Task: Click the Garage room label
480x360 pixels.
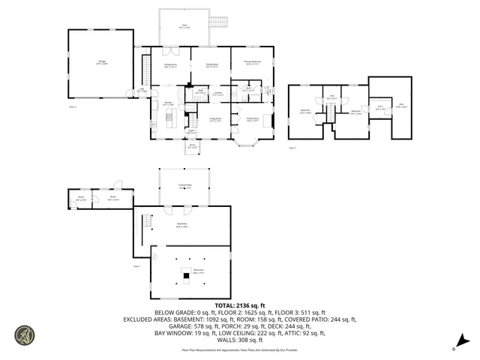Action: [101, 63]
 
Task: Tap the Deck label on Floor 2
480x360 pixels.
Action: [184, 25]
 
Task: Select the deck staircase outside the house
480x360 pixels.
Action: [217, 22]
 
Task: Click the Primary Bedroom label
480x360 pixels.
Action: [251, 62]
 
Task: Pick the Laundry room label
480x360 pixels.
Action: [217, 94]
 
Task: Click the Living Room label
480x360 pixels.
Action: [214, 119]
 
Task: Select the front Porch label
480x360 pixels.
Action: [192, 145]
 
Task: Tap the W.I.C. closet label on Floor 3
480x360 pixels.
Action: [380, 107]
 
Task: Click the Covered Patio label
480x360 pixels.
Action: [184, 187]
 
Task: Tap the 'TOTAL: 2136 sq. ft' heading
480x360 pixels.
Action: [239, 306]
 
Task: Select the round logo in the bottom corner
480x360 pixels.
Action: [25, 335]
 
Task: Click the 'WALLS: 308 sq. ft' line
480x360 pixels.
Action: [239, 338]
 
